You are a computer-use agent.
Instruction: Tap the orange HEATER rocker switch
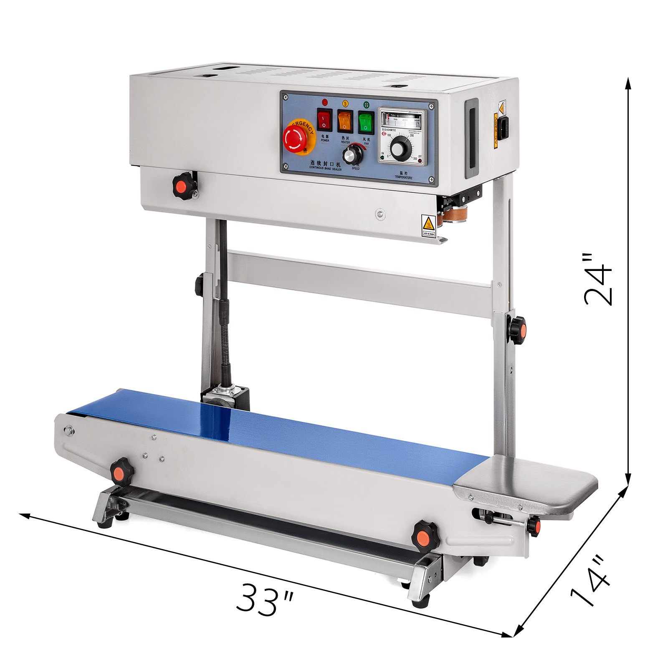coord(345,121)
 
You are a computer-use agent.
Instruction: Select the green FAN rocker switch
coord(366,121)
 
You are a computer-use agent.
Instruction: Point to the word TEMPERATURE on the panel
coord(403,177)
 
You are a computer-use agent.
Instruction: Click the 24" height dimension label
coord(598,279)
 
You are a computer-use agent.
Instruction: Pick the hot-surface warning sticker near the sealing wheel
coord(428,227)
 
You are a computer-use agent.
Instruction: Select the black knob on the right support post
coord(517,329)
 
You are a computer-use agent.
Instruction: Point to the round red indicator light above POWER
coord(325,102)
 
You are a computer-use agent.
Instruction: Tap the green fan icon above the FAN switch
coord(366,104)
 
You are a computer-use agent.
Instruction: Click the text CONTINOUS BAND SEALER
coord(325,169)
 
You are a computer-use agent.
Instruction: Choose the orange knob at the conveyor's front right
coord(425,536)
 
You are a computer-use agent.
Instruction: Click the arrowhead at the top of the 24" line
coord(628,82)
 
